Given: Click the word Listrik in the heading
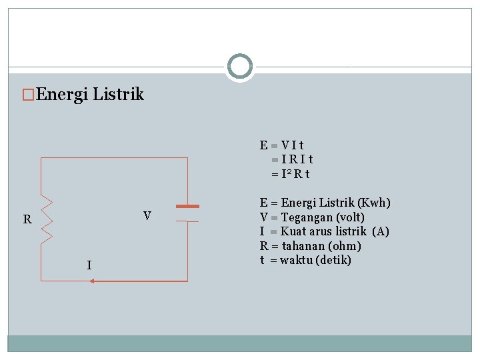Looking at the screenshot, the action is click(118, 95).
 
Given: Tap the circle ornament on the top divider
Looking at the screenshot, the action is click(239, 67).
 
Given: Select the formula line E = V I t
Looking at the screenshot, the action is click(282, 145).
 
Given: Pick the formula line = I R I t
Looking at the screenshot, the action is click(292, 159).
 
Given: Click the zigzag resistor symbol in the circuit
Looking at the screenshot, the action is click(47, 219).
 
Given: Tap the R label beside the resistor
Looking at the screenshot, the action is click(27, 219).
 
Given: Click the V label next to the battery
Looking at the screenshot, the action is click(147, 216).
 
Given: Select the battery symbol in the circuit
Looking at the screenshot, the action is click(187, 213).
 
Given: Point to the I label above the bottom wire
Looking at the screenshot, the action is click(89, 266).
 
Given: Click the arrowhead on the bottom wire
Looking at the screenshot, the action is click(92, 281).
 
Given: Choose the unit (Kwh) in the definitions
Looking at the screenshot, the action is click(374, 203).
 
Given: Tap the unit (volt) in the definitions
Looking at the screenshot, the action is click(351, 217).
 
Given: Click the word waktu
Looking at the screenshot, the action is click(299, 260).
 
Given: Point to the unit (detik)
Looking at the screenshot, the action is click(337, 260).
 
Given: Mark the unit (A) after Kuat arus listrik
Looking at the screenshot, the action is click(381, 231).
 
